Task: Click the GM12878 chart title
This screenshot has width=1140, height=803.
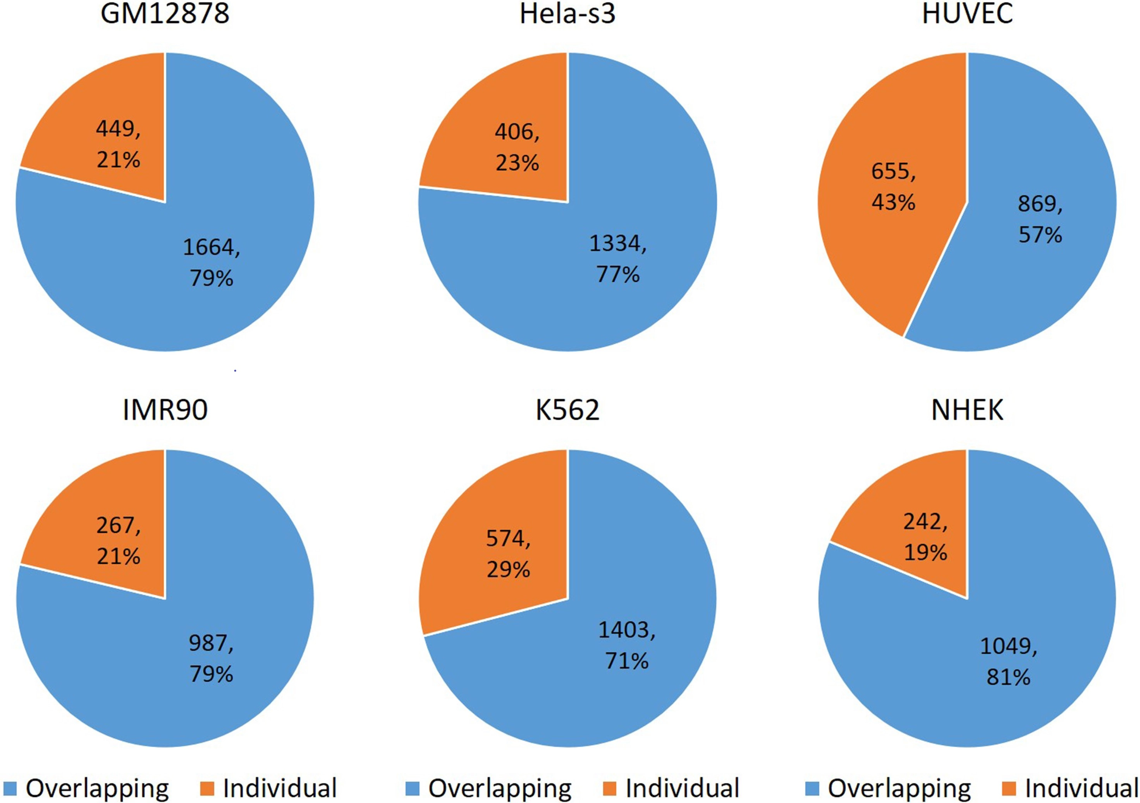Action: (165, 14)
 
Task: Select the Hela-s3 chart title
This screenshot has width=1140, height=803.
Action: (567, 14)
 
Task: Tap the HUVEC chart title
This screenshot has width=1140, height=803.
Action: (967, 14)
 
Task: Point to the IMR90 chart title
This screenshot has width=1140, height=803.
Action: (165, 410)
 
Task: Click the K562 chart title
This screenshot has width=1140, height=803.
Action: (567, 410)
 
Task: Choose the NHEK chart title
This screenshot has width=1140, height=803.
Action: (967, 410)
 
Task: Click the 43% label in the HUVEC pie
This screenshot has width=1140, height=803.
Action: (893, 203)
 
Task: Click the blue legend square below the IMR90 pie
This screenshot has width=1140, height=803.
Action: (10, 789)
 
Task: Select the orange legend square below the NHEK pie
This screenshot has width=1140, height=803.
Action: (1009, 789)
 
